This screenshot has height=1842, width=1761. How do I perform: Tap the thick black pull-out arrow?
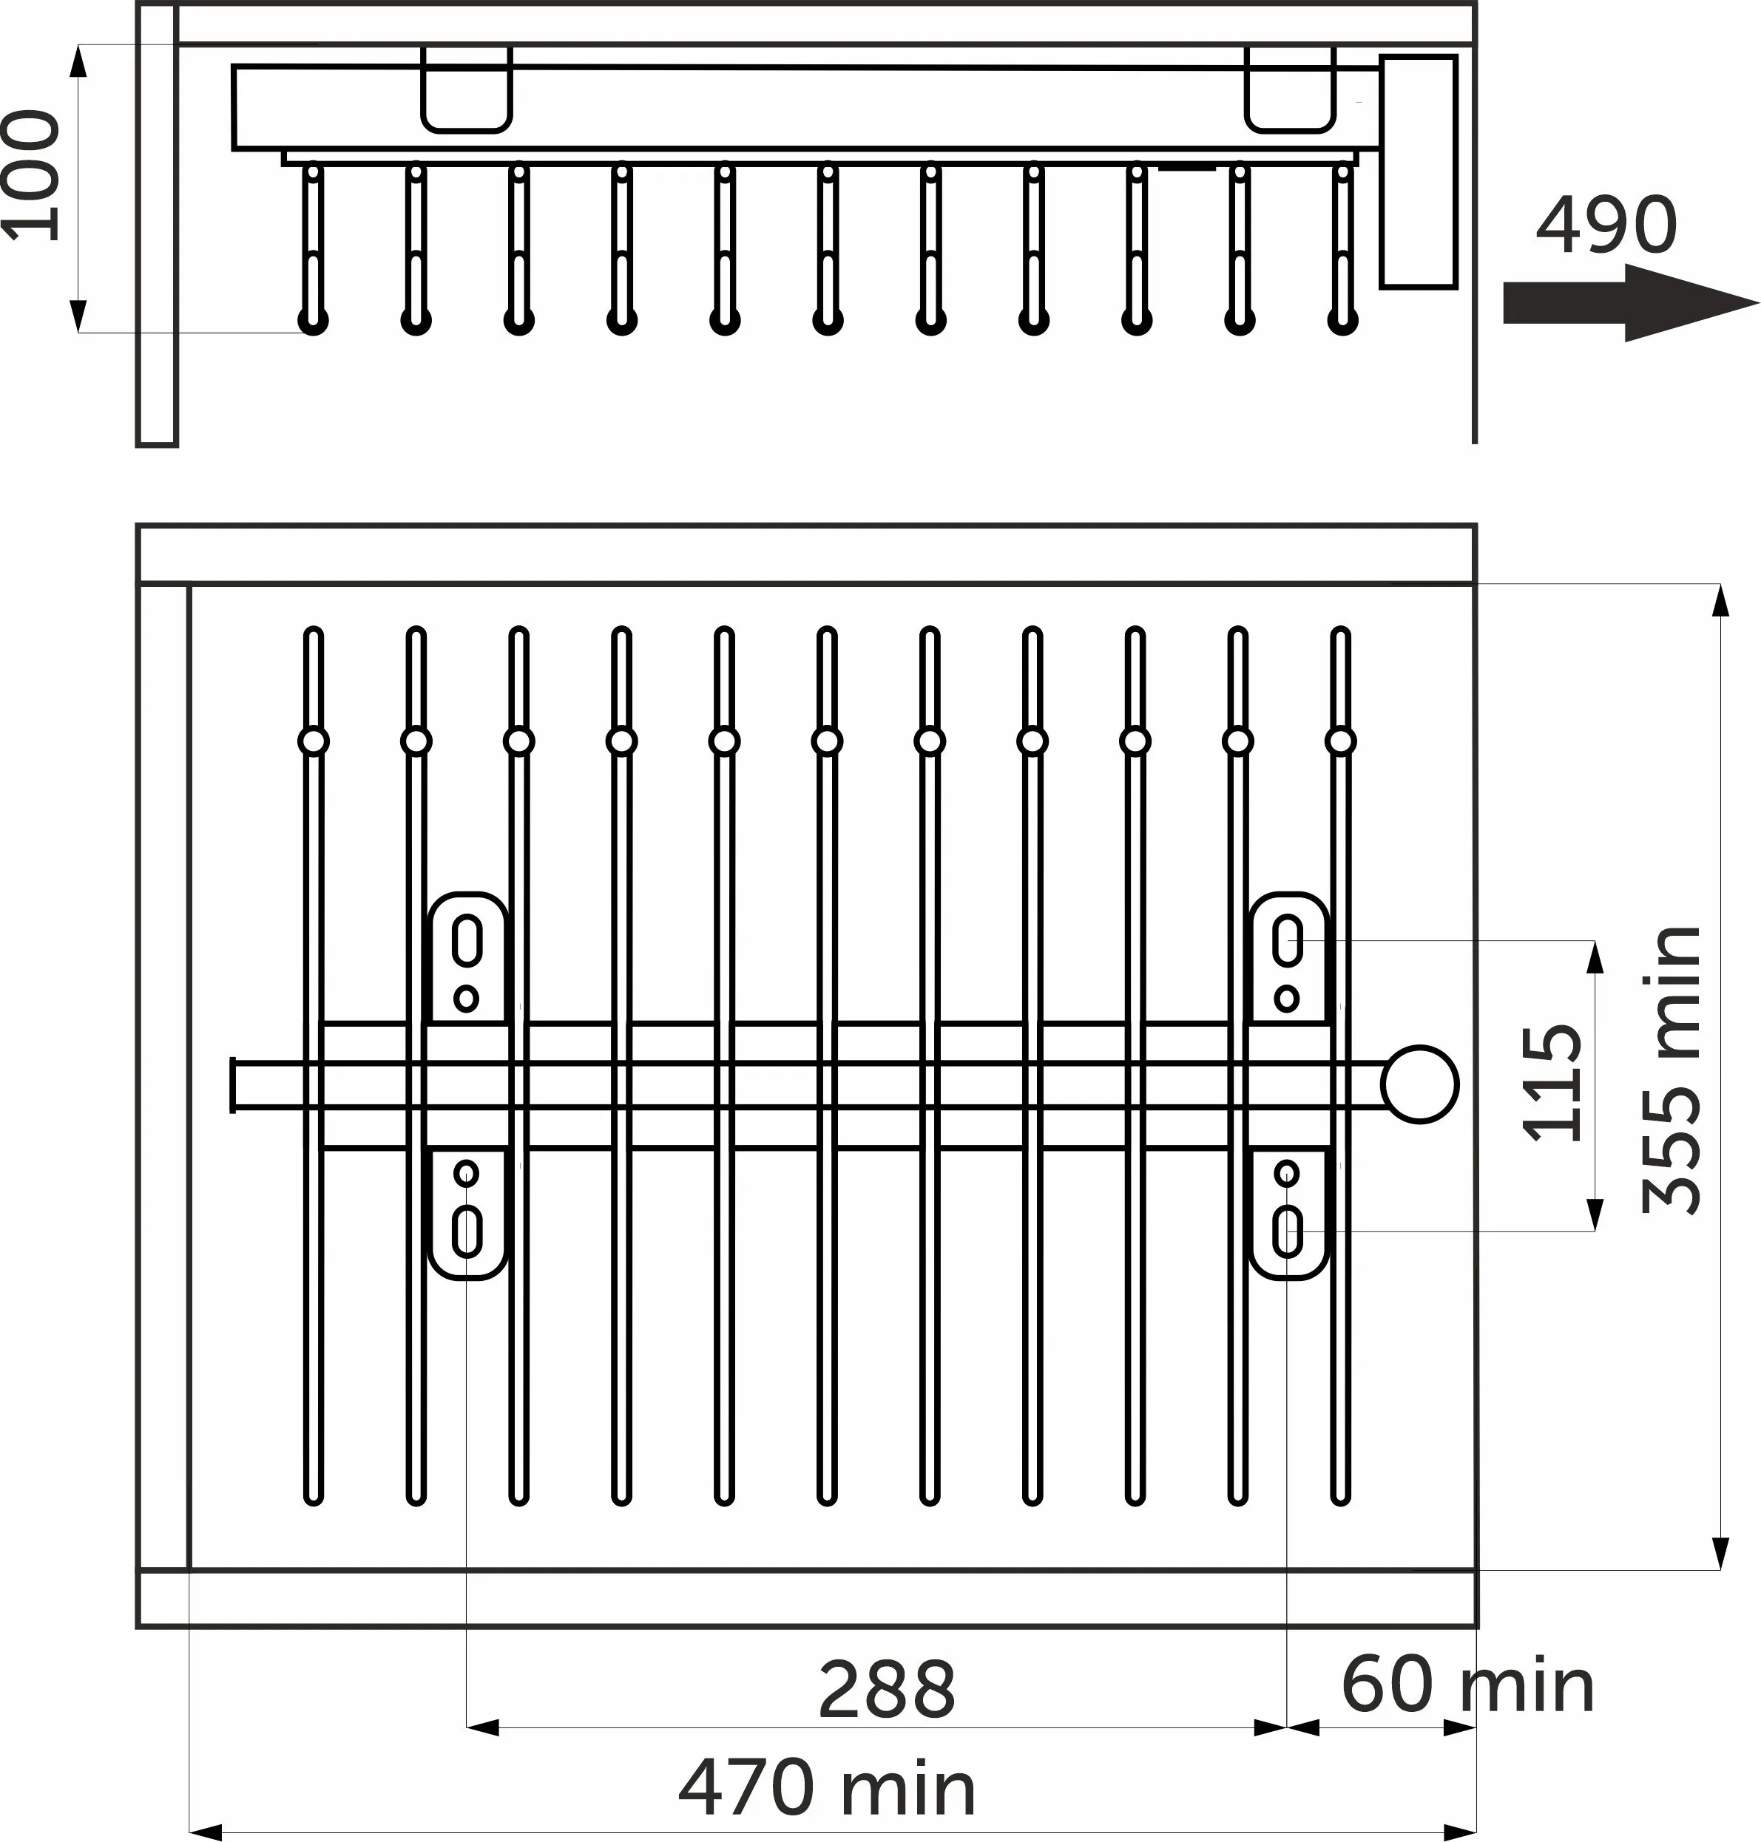[1631, 302]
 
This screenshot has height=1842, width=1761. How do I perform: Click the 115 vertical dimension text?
[1551, 1084]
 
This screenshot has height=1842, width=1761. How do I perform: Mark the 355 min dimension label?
[1672, 1070]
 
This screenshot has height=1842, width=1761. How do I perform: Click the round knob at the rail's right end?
[1419, 1084]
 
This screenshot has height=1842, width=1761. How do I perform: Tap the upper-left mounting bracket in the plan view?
[467, 957]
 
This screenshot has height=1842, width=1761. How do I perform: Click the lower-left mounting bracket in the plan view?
[467, 1212]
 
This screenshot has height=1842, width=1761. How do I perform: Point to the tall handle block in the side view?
[1419, 171]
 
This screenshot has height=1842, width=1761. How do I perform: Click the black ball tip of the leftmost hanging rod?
[314, 321]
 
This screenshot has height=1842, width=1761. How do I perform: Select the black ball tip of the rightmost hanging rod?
[1343, 321]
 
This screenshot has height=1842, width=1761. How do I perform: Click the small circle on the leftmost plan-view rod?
[314, 741]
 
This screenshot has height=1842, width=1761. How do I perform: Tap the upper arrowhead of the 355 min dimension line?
[1720, 600]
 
